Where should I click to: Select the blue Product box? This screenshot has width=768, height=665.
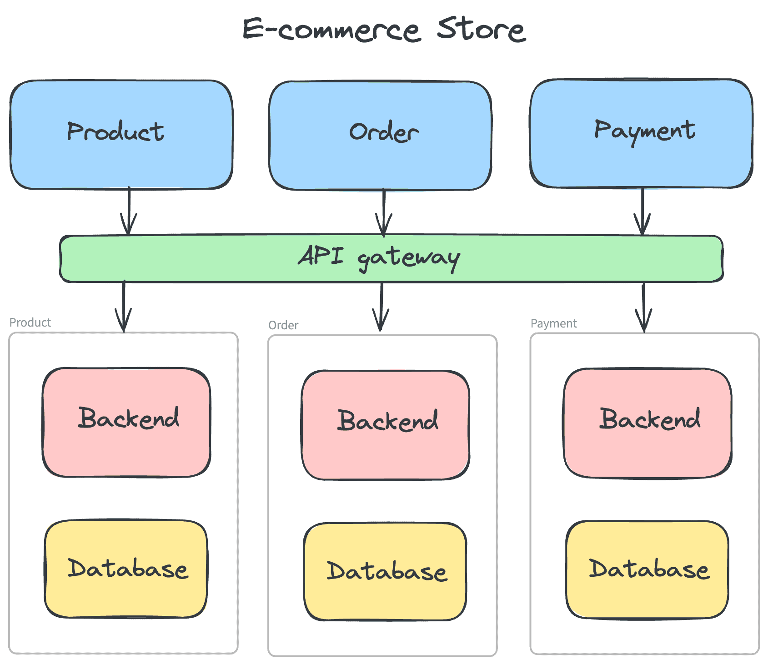pos(121,135)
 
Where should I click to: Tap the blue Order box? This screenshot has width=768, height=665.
pos(380,136)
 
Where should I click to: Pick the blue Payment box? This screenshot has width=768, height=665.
pos(641,134)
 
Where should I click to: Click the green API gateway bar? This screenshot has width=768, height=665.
pos(391,258)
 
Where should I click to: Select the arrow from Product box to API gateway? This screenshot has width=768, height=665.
pos(129,211)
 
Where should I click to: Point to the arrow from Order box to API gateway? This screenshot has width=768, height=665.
pos(384,212)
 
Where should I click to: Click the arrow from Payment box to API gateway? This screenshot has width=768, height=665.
pos(642,212)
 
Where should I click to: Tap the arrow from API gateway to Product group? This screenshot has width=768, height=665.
pos(124,307)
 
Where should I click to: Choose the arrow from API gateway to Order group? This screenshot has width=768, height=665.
pos(381,307)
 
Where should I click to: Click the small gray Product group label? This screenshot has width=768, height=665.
pos(30,322)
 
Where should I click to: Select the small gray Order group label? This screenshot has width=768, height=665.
pos(283,325)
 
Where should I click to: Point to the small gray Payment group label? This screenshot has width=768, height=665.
pos(553,323)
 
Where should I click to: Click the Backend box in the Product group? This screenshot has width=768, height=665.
pos(126,422)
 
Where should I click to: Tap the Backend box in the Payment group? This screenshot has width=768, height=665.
pos(648,423)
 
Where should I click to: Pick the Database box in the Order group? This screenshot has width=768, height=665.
pos(385,571)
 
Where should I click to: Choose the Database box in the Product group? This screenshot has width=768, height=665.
pos(126,569)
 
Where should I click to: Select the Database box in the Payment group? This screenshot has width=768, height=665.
pos(647,569)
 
